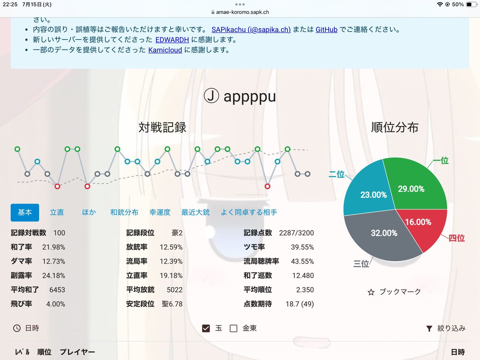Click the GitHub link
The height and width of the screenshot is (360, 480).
(x=326, y=30)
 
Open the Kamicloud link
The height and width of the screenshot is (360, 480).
(x=165, y=50)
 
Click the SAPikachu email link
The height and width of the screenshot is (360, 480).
(x=251, y=30)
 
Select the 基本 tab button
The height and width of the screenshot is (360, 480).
(x=25, y=212)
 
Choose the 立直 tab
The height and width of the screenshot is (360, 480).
(x=57, y=212)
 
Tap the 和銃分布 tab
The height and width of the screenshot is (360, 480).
(x=124, y=212)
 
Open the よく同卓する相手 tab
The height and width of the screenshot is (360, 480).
(x=249, y=212)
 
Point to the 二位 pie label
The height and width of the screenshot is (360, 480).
(x=336, y=174)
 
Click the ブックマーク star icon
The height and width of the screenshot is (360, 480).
(x=371, y=292)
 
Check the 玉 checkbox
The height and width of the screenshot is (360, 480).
(x=206, y=328)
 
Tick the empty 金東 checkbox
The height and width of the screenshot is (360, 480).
(x=234, y=328)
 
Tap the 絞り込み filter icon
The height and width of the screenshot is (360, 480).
(x=429, y=328)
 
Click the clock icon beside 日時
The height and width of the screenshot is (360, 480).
(x=17, y=328)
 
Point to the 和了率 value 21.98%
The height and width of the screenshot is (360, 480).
(x=54, y=247)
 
